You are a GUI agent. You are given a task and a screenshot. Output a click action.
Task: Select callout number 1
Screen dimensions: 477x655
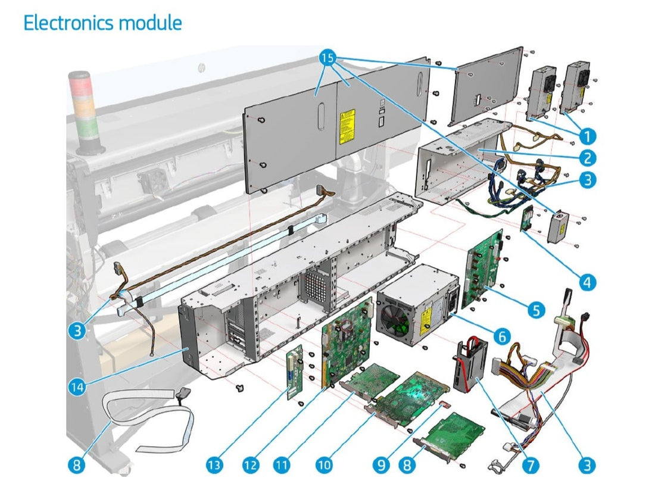pos(587,136)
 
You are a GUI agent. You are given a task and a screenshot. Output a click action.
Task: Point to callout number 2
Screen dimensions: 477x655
pos(587,158)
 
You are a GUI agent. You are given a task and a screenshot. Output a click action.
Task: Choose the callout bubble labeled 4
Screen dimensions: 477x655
pos(587,282)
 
